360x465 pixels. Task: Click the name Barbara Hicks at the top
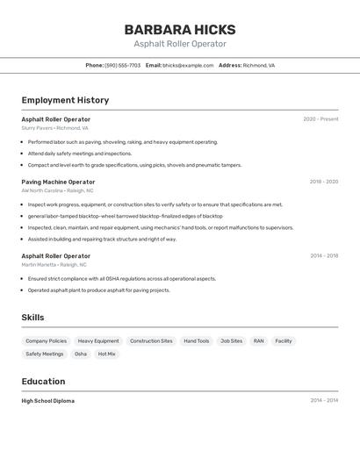pos(180,29)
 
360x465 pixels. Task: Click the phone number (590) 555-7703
pos(122,65)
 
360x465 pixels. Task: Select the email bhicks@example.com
pos(188,65)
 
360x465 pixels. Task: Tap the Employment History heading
pos(65,100)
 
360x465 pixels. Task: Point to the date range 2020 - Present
pos(320,119)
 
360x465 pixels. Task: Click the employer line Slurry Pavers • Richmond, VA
pos(55,128)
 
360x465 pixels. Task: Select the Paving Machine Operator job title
pos(58,182)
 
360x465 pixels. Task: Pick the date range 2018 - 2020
pos(323,182)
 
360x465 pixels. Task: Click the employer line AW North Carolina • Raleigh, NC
pos(58,190)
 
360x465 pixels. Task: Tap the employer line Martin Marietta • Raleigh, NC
pos(54,264)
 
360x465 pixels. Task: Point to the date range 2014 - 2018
pos(324,256)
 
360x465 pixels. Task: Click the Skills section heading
pos(32,318)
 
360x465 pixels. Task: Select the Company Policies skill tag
pos(46,341)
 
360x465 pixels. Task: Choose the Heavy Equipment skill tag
pos(98,341)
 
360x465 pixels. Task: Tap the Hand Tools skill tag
pos(197,341)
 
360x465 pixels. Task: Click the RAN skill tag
pos(258,341)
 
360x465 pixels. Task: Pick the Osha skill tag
pos(81,354)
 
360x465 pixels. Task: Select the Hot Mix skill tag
pos(106,354)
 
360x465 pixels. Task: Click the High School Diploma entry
pos(48,401)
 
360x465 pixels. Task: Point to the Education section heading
pos(43,382)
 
